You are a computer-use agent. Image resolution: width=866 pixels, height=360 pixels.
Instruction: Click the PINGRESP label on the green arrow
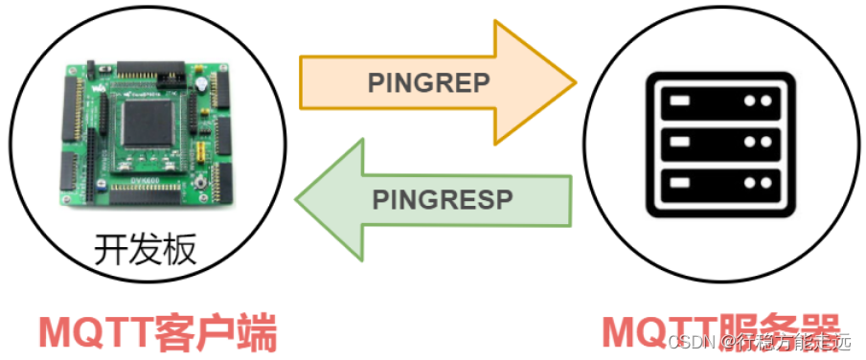tap(442, 199)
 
